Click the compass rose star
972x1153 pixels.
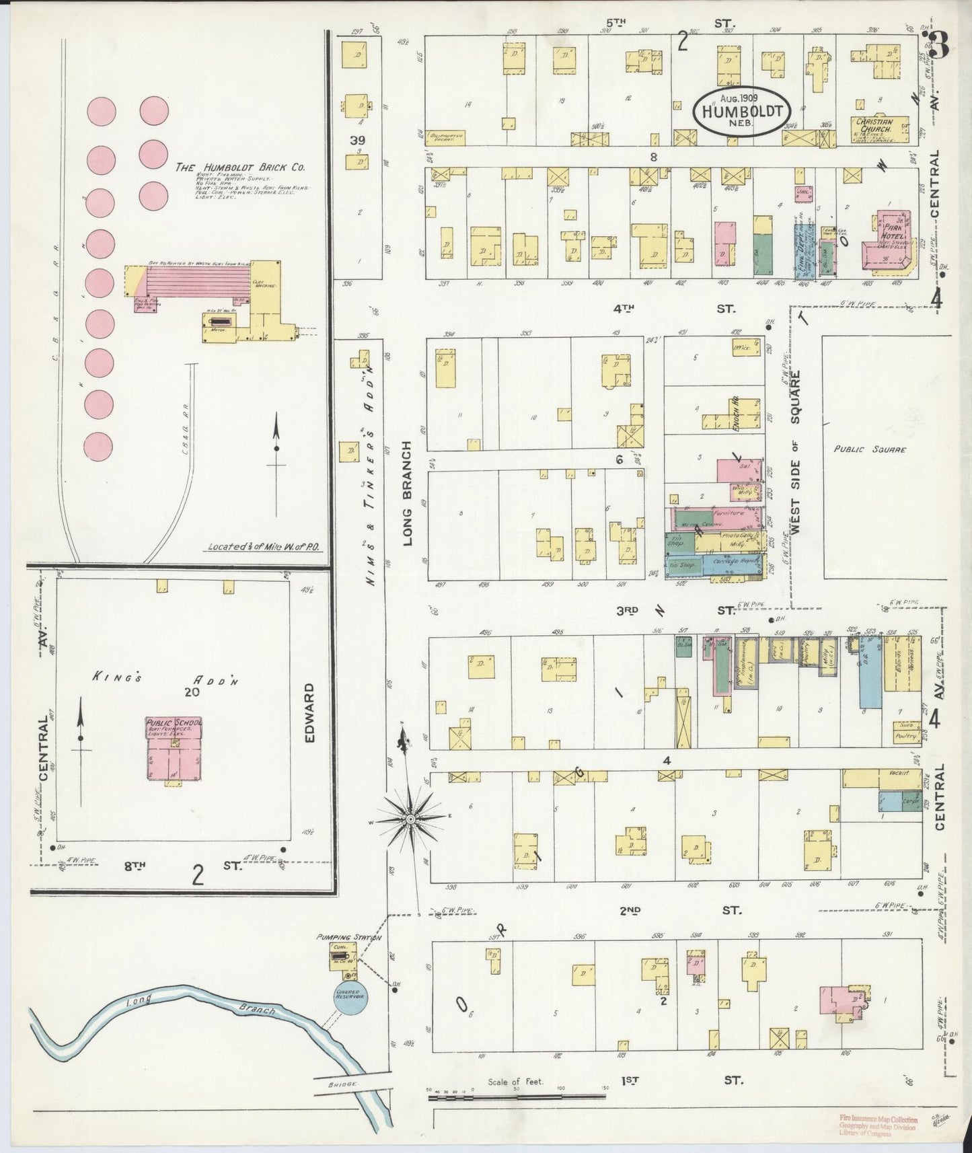[408, 819]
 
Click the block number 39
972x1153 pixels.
[357, 139]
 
